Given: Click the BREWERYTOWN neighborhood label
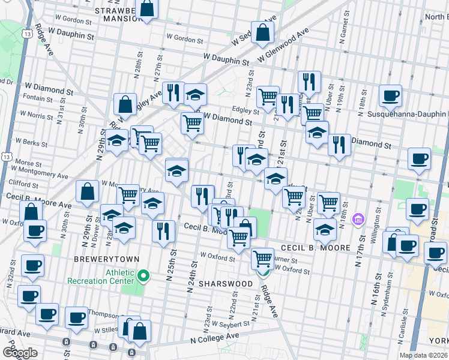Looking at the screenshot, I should (106, 259).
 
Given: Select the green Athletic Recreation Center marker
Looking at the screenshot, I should (143, 276).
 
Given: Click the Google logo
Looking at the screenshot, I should (19, 353).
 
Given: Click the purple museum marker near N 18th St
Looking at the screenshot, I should (359, 218).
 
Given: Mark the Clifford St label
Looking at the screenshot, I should (23, 184).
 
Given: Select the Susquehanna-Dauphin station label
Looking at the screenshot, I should (414, 113).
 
